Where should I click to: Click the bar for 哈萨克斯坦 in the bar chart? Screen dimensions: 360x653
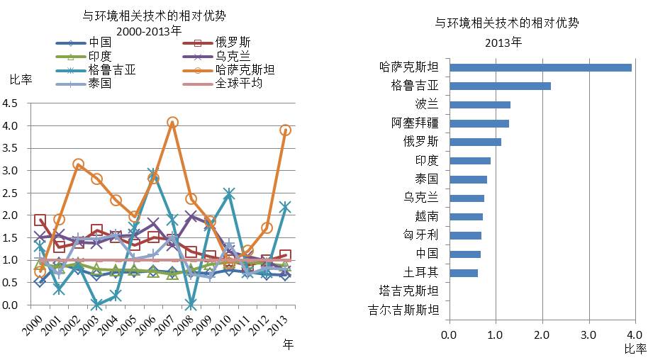pos(540,68)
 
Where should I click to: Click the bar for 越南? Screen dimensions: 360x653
pos(466,216)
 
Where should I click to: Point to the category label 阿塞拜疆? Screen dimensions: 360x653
pos(415,123)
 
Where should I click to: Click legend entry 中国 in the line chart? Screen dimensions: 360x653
pos(100,43)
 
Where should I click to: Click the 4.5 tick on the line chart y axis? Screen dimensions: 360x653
pos(11,103)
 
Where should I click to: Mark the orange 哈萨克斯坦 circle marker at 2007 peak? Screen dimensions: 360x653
pos(172,123)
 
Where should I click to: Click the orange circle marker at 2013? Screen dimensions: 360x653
pos(286,130)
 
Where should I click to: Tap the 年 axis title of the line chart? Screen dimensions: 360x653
pos(288,344)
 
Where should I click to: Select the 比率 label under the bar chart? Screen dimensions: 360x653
pos(635,349)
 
